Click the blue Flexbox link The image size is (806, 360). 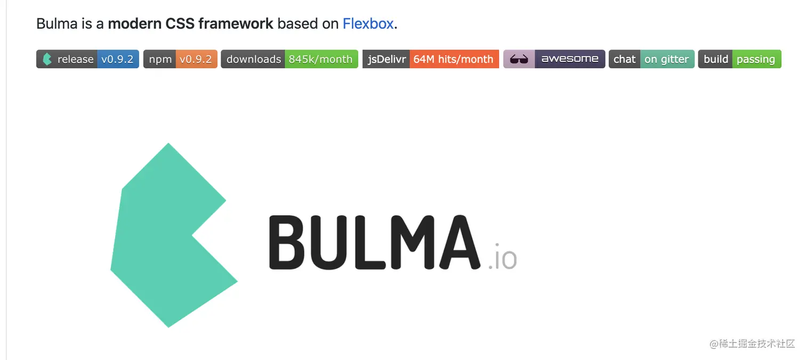click(368, 24)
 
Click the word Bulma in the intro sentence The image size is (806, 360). click(57, 24)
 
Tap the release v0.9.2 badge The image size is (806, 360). click(87, 59)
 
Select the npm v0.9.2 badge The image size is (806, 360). click(180, 59)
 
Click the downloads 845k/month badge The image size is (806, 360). click(289, 59)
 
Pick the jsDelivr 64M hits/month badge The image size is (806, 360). click(430, 59)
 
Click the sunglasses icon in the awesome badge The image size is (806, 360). click(519, 59)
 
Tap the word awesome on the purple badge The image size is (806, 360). click(570, 59)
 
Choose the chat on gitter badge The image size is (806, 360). click(651, 59)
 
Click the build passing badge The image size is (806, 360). click(739, 59)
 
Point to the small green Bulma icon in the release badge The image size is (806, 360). click(47, 59)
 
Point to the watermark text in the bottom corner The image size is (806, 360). click(752, 343)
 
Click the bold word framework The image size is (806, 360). click(236, 24)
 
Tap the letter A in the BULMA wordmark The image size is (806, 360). click(460, 242)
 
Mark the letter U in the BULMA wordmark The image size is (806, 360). click(329, 242)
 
